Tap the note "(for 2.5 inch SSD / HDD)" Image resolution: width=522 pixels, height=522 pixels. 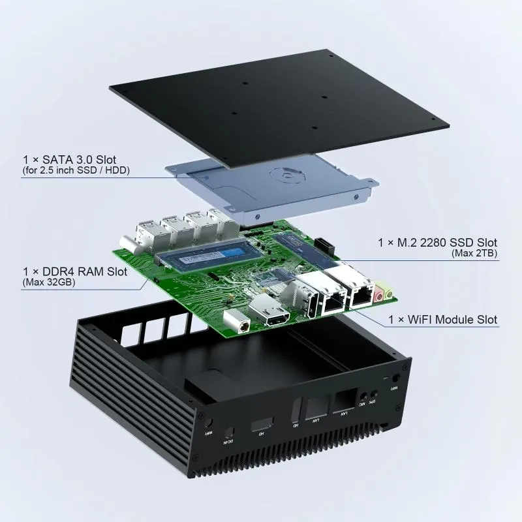[x=76, y=171]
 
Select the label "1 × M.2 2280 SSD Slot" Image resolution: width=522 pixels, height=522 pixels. [x=437, y=242]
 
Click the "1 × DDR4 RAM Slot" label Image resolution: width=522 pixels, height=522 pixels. [x=74, y=271]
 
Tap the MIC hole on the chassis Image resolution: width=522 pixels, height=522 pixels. [x=362, y=396]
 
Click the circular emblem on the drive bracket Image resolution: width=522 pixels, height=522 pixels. [x=284, y=176]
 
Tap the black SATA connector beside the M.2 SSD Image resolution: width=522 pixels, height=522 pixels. [x=324, y=245]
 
